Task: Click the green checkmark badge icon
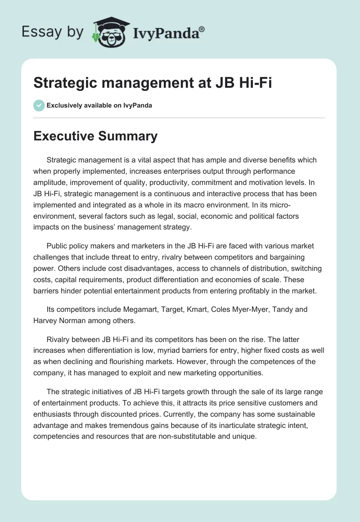pos(39,105)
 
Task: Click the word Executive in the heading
pos(64,136)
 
